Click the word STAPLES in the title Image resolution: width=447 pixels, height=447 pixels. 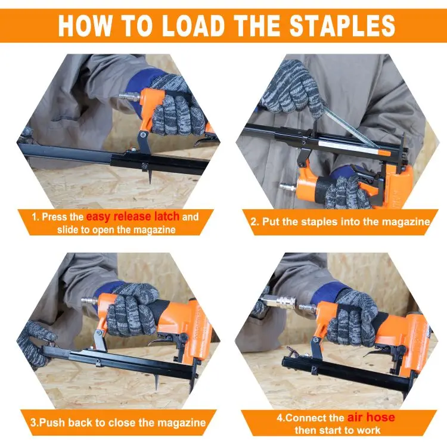pos(342,25)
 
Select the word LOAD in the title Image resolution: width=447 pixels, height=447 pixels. pos(194,25)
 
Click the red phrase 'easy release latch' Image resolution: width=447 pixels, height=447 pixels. pos(132,216)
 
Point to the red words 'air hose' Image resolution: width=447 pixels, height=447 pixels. pos(371,417)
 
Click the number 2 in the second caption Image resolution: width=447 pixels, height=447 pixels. pos(254,222)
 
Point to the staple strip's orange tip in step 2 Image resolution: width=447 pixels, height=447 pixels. pos(384,153)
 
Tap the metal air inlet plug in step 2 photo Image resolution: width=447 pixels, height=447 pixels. pos(288,187)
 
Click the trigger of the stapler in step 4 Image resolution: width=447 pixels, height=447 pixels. pos(373,353)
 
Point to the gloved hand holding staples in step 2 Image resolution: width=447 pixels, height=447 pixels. pos(293,89)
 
